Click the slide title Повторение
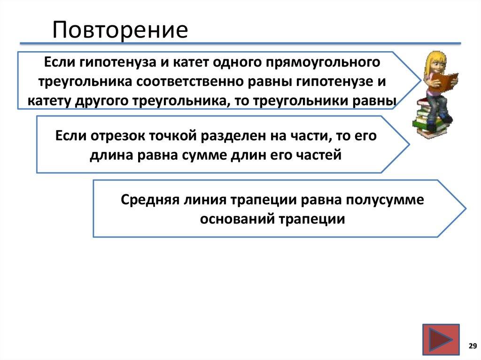click(x=120, y=30)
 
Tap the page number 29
click(x=471, y=346)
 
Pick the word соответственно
click(x=211, y=81)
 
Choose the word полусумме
click(x=385, y=199)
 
